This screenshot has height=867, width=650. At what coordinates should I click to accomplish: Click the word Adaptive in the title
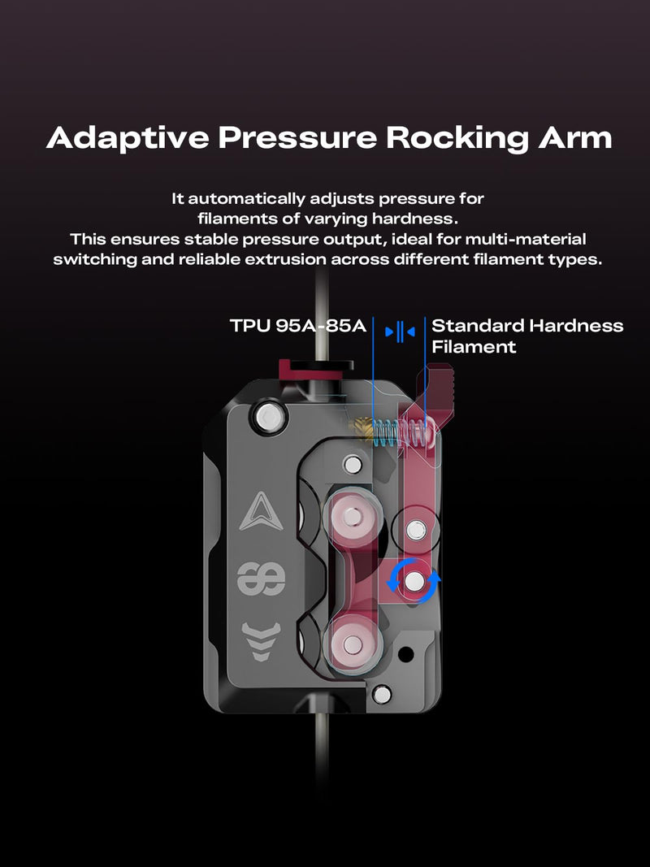(x=128, y=137)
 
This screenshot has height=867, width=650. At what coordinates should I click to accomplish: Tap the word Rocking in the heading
(x=457, y=138)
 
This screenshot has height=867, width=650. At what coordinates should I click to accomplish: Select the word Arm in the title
(x=574, y=137)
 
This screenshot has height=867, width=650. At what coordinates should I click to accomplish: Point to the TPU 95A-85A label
(x=298, y=325)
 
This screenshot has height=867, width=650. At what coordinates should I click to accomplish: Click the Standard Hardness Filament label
(x=527, y=336)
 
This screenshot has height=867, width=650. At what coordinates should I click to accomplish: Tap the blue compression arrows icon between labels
(x=400, y=332)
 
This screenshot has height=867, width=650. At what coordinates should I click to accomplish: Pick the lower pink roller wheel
(x=352, y=644)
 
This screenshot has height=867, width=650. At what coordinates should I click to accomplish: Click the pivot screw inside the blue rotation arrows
(x=414, y=581)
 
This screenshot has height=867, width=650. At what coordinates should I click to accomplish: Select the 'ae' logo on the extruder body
(x=262, y=579)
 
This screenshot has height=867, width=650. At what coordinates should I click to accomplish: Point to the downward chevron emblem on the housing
(x=262, y=640)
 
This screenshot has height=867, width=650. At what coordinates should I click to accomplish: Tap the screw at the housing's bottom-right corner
(x=381, y=694)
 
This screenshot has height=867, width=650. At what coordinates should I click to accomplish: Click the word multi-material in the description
(x=526, y=240)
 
